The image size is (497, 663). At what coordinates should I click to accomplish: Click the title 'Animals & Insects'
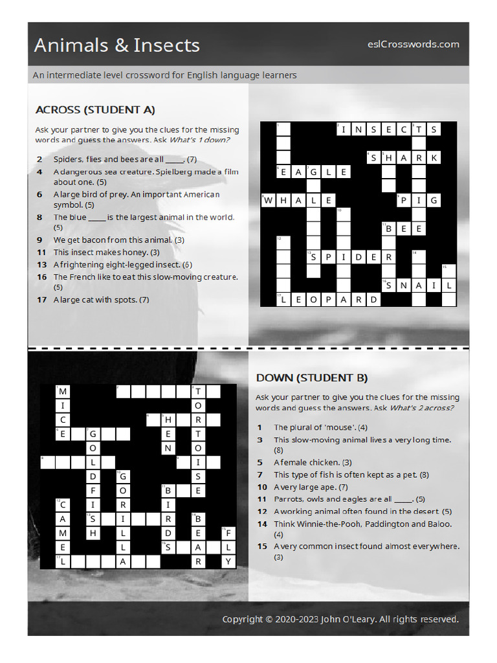(x=116, y=45)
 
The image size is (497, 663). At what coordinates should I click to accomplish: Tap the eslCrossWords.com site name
(x=413, y=44)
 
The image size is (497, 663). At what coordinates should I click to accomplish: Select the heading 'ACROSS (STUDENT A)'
(x=95, y=109)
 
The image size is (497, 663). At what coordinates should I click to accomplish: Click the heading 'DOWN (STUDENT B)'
(x=312, y=377)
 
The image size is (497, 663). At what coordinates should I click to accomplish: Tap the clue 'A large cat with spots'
(x=101, y=300)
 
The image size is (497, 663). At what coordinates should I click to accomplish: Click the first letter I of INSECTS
(x=344, y=129)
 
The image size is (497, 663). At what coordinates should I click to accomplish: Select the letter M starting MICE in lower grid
(x=62, y=392)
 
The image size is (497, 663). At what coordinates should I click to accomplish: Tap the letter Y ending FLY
(x=228, y=562)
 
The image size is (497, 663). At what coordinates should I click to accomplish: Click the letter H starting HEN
(x=168, y=420)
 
